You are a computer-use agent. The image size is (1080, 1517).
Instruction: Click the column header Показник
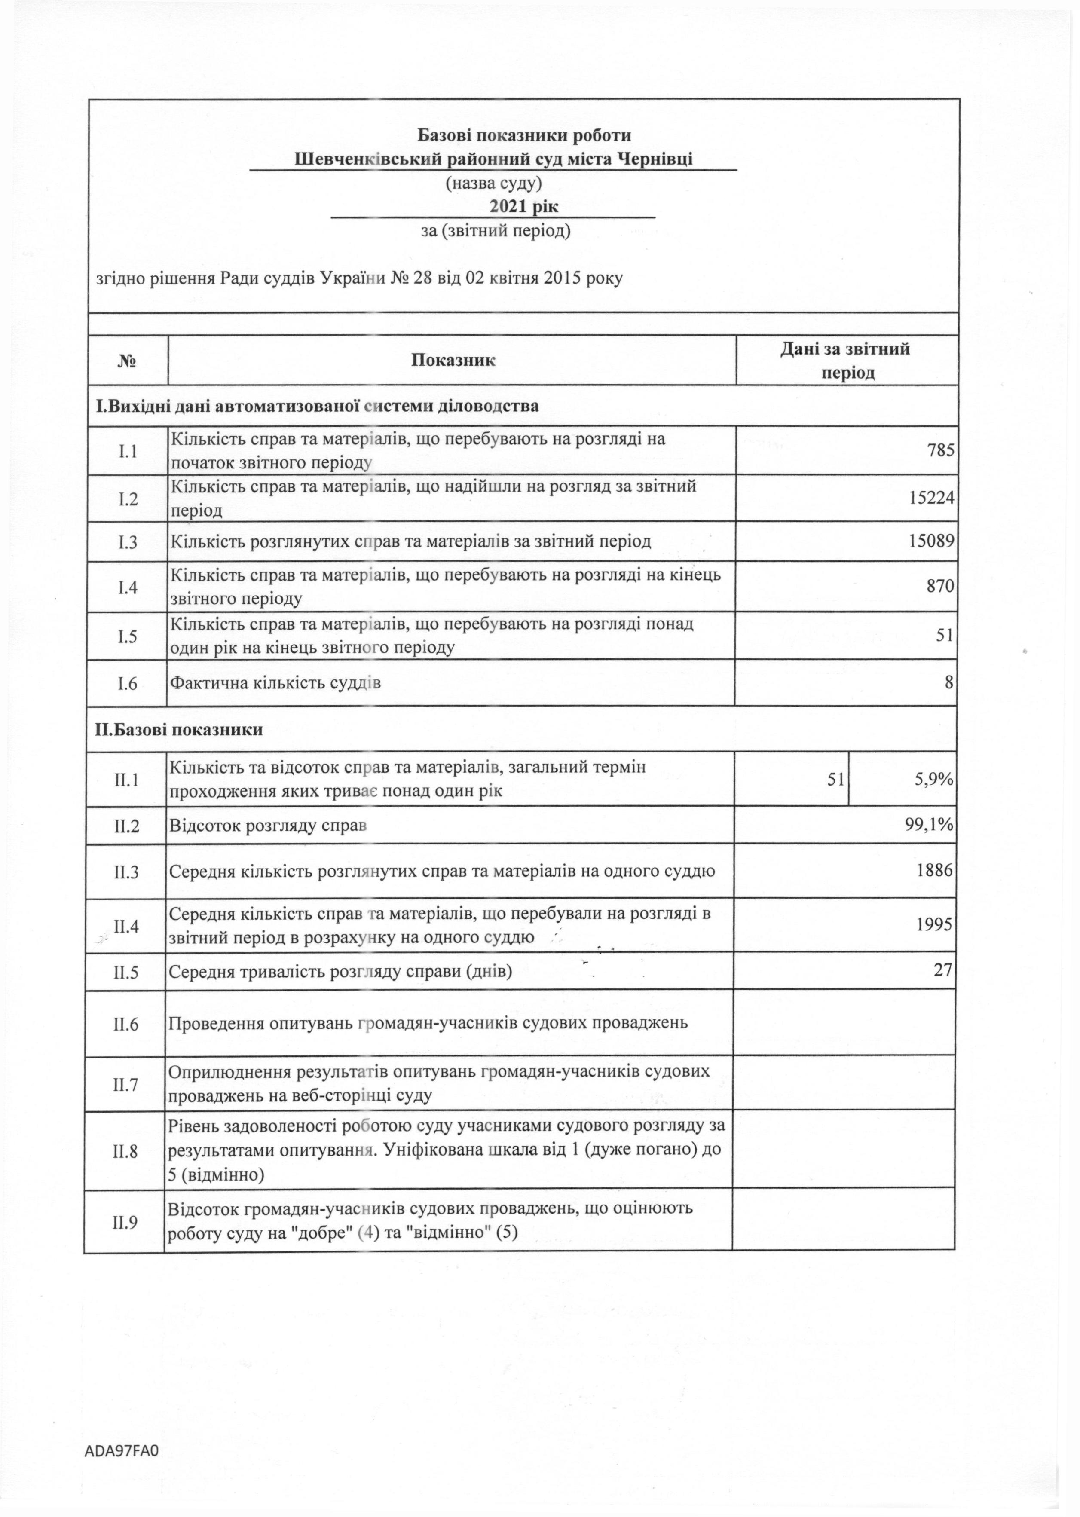click(453, 361)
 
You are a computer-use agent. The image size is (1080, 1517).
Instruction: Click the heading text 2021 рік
click(524, 206)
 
